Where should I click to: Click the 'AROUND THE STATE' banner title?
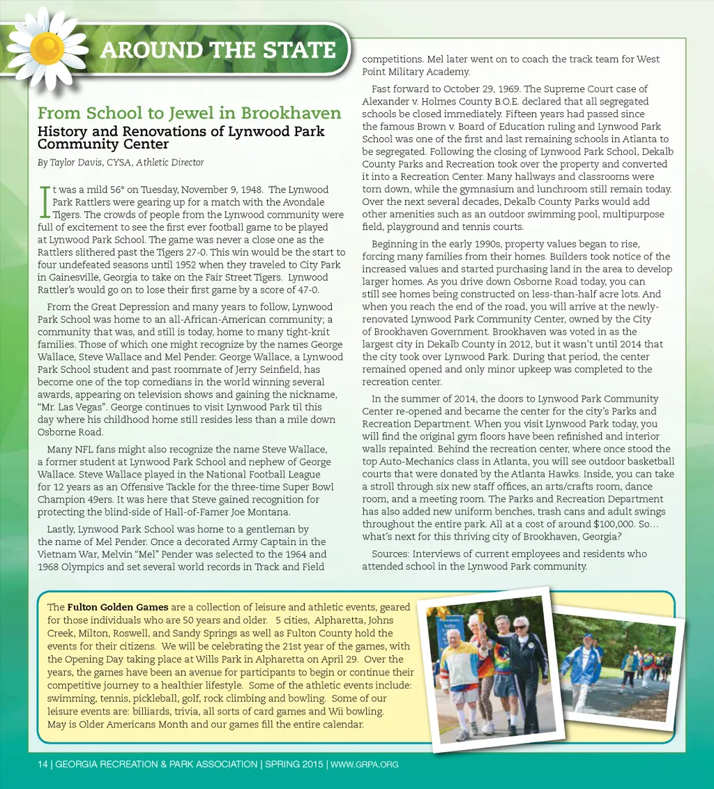tap(218, 50)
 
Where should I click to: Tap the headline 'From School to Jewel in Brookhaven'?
tap(189, 113)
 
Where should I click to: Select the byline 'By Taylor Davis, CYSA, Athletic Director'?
tap(121, 162)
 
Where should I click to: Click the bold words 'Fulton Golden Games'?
tap(118, 607)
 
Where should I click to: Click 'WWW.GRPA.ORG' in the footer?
tap(364, 764)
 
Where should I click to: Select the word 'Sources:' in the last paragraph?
tap(390, 554)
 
